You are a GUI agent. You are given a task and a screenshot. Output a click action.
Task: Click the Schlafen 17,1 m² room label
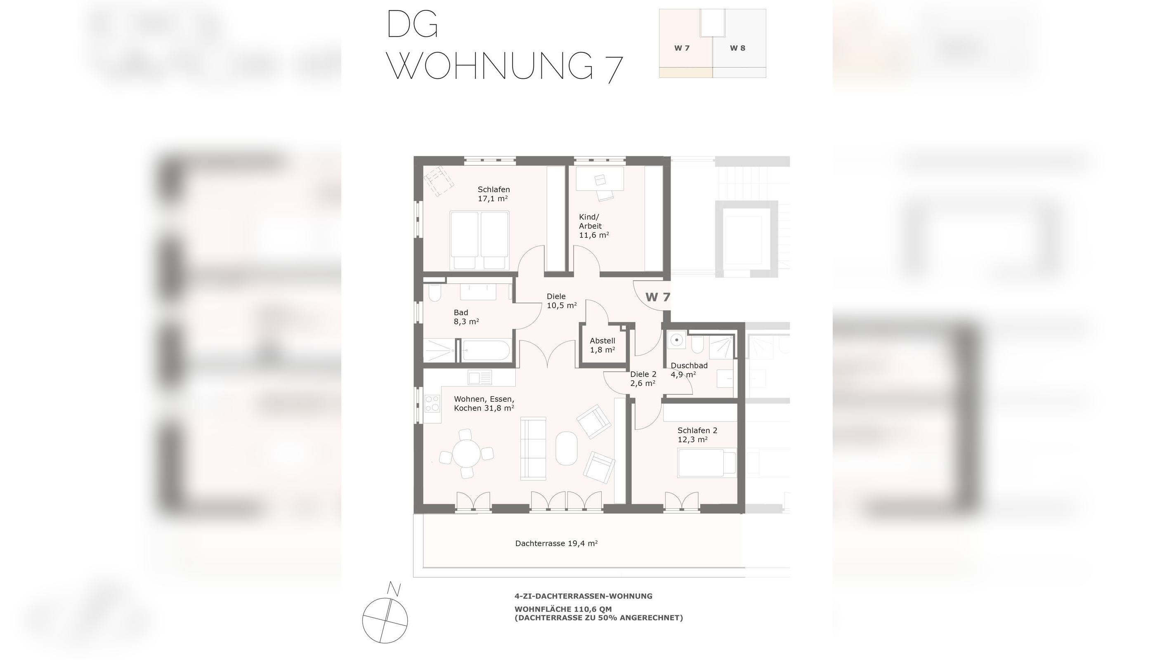point(493,194)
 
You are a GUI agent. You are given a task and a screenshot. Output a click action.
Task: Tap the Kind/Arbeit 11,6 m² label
point(593,226)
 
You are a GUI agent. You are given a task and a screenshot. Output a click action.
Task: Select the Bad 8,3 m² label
point(466,317)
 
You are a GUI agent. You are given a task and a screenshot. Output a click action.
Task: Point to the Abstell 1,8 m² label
point(602,345)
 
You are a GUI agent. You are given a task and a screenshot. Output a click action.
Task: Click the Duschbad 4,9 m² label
point(688,370)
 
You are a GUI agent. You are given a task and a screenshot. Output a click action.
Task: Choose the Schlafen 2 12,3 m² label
point(697,435)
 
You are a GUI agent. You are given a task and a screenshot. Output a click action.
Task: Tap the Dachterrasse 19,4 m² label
point(556,543)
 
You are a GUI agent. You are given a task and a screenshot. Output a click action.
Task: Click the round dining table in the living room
point(466,454)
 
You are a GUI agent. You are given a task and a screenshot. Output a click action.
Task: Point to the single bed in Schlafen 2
point(706,463)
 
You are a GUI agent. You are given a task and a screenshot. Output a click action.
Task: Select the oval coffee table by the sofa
point(567,448)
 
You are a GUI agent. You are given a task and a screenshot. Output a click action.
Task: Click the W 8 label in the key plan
point(737,48)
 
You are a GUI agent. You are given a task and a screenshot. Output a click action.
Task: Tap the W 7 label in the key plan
point(682,48)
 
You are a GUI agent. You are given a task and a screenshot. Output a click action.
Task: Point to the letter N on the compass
point(394,589)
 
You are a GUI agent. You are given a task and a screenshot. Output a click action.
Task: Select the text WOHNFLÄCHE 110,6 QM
point(563,609)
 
